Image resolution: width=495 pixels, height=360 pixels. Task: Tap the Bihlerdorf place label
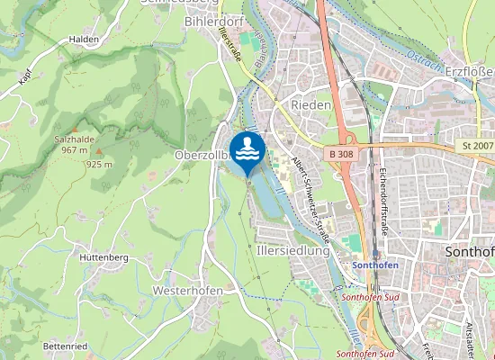tap(215, 20)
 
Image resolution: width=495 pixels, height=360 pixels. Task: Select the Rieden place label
tap(311, 105)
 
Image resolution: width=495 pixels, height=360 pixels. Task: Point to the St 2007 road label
tap(477, 145)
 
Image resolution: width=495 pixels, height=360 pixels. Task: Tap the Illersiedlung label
tap(293, 251)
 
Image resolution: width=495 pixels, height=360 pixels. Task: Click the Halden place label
tap(84, 40)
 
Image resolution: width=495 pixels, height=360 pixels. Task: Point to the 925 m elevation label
tap(98, 165)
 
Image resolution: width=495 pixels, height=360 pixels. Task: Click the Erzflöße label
tap(469, 71)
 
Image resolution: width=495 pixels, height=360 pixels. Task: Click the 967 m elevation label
tap(74, 150)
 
